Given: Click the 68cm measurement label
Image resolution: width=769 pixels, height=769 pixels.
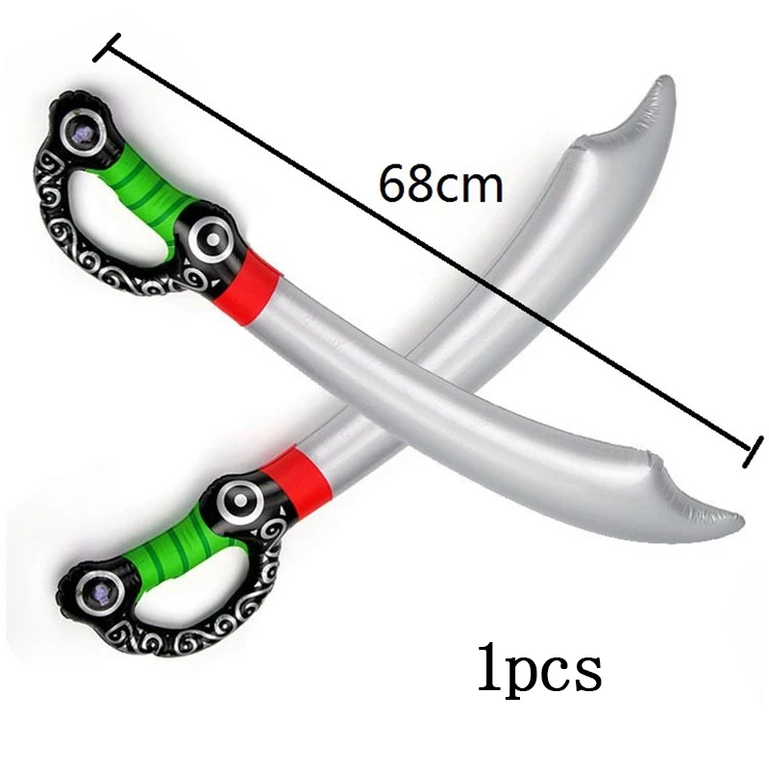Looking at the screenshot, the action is (441, 184).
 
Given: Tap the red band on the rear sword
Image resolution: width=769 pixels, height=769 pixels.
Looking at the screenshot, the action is (295, 480).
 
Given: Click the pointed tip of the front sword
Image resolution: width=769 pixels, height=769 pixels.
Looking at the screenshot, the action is (742, 519).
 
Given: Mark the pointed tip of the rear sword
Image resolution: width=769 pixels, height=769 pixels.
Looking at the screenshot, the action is (666, 79).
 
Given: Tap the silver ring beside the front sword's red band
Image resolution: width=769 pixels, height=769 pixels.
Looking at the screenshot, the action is (212, 239).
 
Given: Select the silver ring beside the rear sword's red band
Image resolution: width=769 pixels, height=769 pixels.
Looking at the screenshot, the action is (240, 500).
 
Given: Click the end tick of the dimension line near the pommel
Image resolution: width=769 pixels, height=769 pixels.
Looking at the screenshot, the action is (107, 47).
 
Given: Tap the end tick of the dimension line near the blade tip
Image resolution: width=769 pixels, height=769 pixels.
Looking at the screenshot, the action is (754, 451).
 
